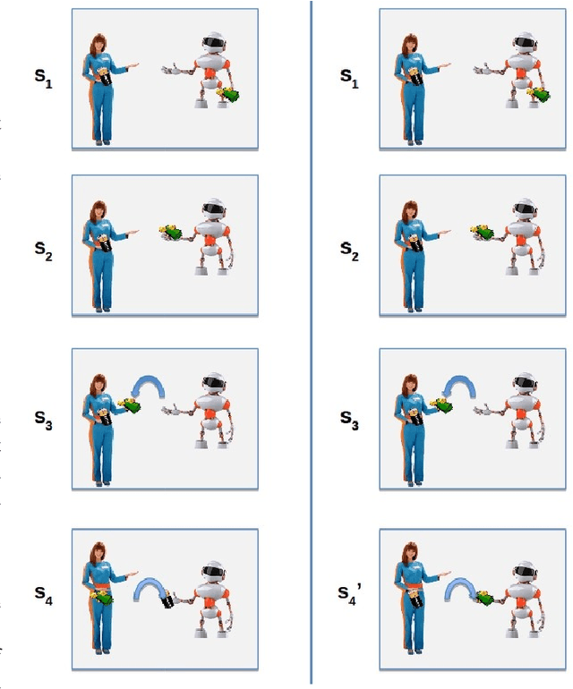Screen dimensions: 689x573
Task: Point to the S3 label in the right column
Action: pos(350,421)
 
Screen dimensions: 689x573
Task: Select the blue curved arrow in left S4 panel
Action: pos(151,586)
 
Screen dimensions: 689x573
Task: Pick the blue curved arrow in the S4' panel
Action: pos(459,586)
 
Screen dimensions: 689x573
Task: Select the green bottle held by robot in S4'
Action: pos(484,597)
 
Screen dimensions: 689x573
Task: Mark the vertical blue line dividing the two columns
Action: pos(311,344)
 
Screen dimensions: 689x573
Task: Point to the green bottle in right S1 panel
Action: pos(540,93)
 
